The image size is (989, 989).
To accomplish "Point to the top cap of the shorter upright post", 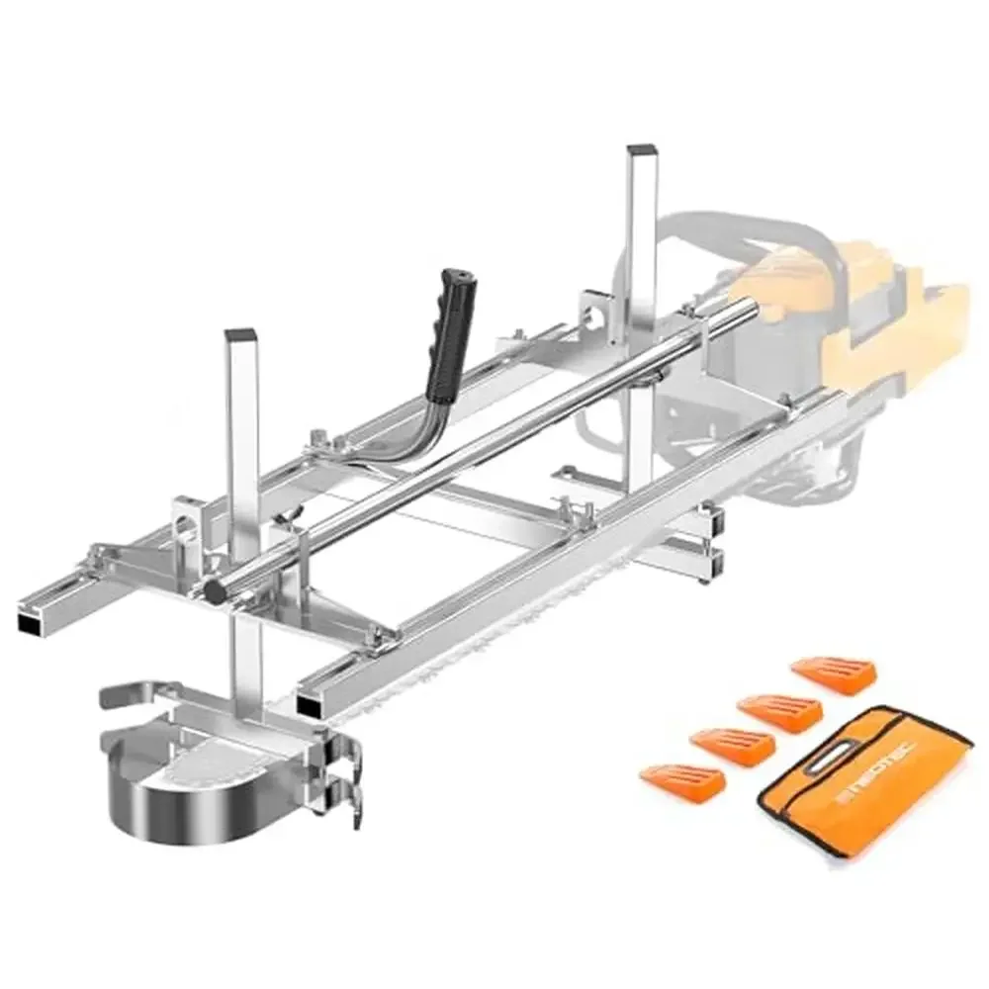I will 239,335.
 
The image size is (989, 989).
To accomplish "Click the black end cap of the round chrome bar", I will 212,591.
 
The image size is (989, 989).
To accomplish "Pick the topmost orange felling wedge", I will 833,672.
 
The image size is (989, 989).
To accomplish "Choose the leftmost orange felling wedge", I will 681,780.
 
